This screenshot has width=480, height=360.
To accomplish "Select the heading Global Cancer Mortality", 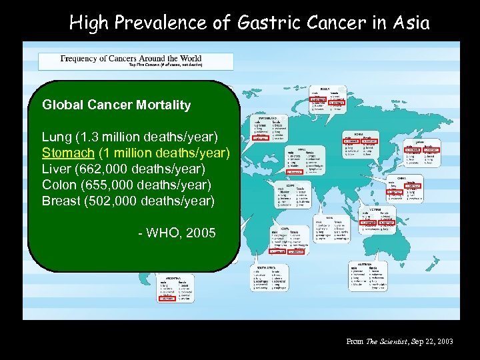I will click(116, 105).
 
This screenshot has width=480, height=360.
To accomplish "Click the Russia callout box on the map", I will click(328, 100).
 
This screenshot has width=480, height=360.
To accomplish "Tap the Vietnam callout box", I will click(379, 219).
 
